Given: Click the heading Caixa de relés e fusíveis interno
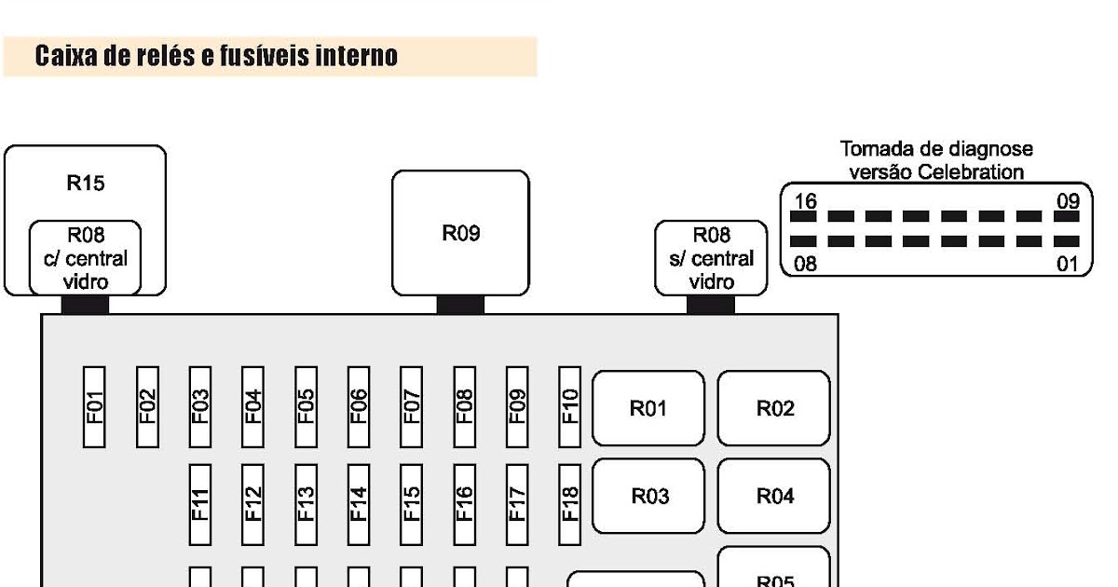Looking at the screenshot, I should [x=216, y=57].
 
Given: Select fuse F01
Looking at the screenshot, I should [x=94, y=406].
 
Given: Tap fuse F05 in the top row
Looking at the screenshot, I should [x=306, y=406].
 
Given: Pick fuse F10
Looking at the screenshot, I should [x=569, y=406].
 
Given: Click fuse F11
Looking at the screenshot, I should [x=200, y=504].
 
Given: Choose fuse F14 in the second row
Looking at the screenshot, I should [x=359, y=504].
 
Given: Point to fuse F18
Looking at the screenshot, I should [x=569, y=504].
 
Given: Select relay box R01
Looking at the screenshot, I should [x=648, y=408].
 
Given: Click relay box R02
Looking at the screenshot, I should [x=773, y=408].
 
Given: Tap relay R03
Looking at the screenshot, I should [x=648, y=497].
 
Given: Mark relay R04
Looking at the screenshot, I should [x=773, y=497].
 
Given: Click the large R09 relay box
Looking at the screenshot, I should [x=460, y=233].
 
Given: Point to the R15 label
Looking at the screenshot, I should [x=85, y=184].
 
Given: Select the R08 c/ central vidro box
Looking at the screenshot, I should [x=85, y=258].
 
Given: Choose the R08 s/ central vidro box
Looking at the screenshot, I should [x=711, y=258].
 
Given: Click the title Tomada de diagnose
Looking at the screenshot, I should [x=935, y=149].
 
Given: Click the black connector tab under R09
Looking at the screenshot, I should [x=460, y=305].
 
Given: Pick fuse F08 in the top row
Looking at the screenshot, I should [x=464, y=406].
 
